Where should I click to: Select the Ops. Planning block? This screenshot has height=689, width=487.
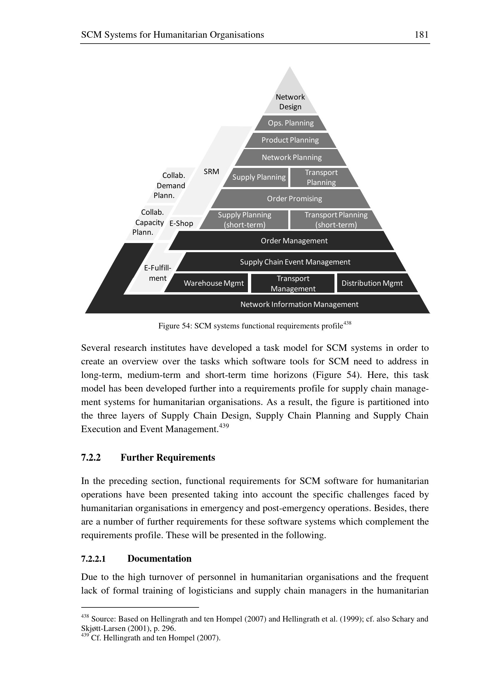291,123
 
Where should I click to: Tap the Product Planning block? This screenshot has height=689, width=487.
290,140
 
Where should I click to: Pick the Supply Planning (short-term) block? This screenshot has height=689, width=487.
244,220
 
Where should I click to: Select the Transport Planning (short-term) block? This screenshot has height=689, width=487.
336,220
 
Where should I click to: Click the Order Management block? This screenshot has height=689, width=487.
294,241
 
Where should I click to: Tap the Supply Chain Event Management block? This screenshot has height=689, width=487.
295,262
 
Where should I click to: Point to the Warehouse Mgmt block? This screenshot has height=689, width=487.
213,283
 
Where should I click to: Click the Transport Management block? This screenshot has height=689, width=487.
293,283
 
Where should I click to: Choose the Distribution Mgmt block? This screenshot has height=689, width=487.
372,283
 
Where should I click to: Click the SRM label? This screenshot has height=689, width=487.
211,172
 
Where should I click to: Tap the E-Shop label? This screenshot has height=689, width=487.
181,224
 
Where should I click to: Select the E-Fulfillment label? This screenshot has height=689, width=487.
158,273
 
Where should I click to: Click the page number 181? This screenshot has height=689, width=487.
421,35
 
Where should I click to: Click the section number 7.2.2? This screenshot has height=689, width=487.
91,457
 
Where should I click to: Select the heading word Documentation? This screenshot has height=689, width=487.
159,559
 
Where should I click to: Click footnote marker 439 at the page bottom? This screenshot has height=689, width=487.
85,635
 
